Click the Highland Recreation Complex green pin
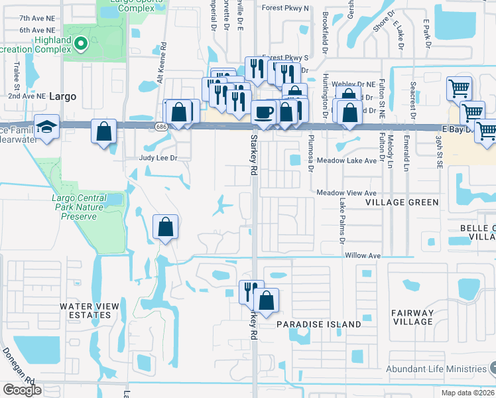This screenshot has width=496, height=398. pos(81,44)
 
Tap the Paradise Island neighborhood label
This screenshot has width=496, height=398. pos(319,324)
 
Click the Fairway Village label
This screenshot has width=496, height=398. pos(412,317)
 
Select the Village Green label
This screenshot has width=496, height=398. pos(402,202)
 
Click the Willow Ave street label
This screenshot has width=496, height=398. pos(362,255)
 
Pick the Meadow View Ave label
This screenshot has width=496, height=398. pos(347,192)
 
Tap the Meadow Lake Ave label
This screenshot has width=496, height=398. pos(346,161)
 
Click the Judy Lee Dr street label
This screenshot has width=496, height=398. pos(156,158)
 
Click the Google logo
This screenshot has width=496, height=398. pos(22,390)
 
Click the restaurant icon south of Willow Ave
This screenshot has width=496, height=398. pos(251,291)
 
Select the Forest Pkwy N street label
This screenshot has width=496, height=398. pos(285,8)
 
